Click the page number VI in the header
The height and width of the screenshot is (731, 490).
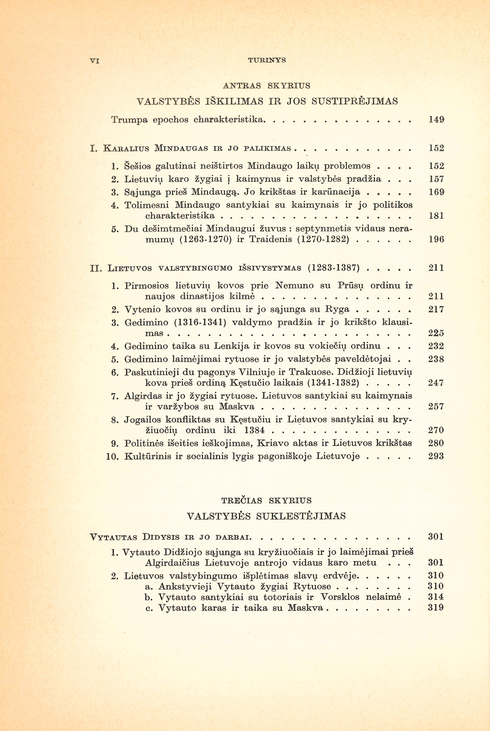[x=94, y=61]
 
